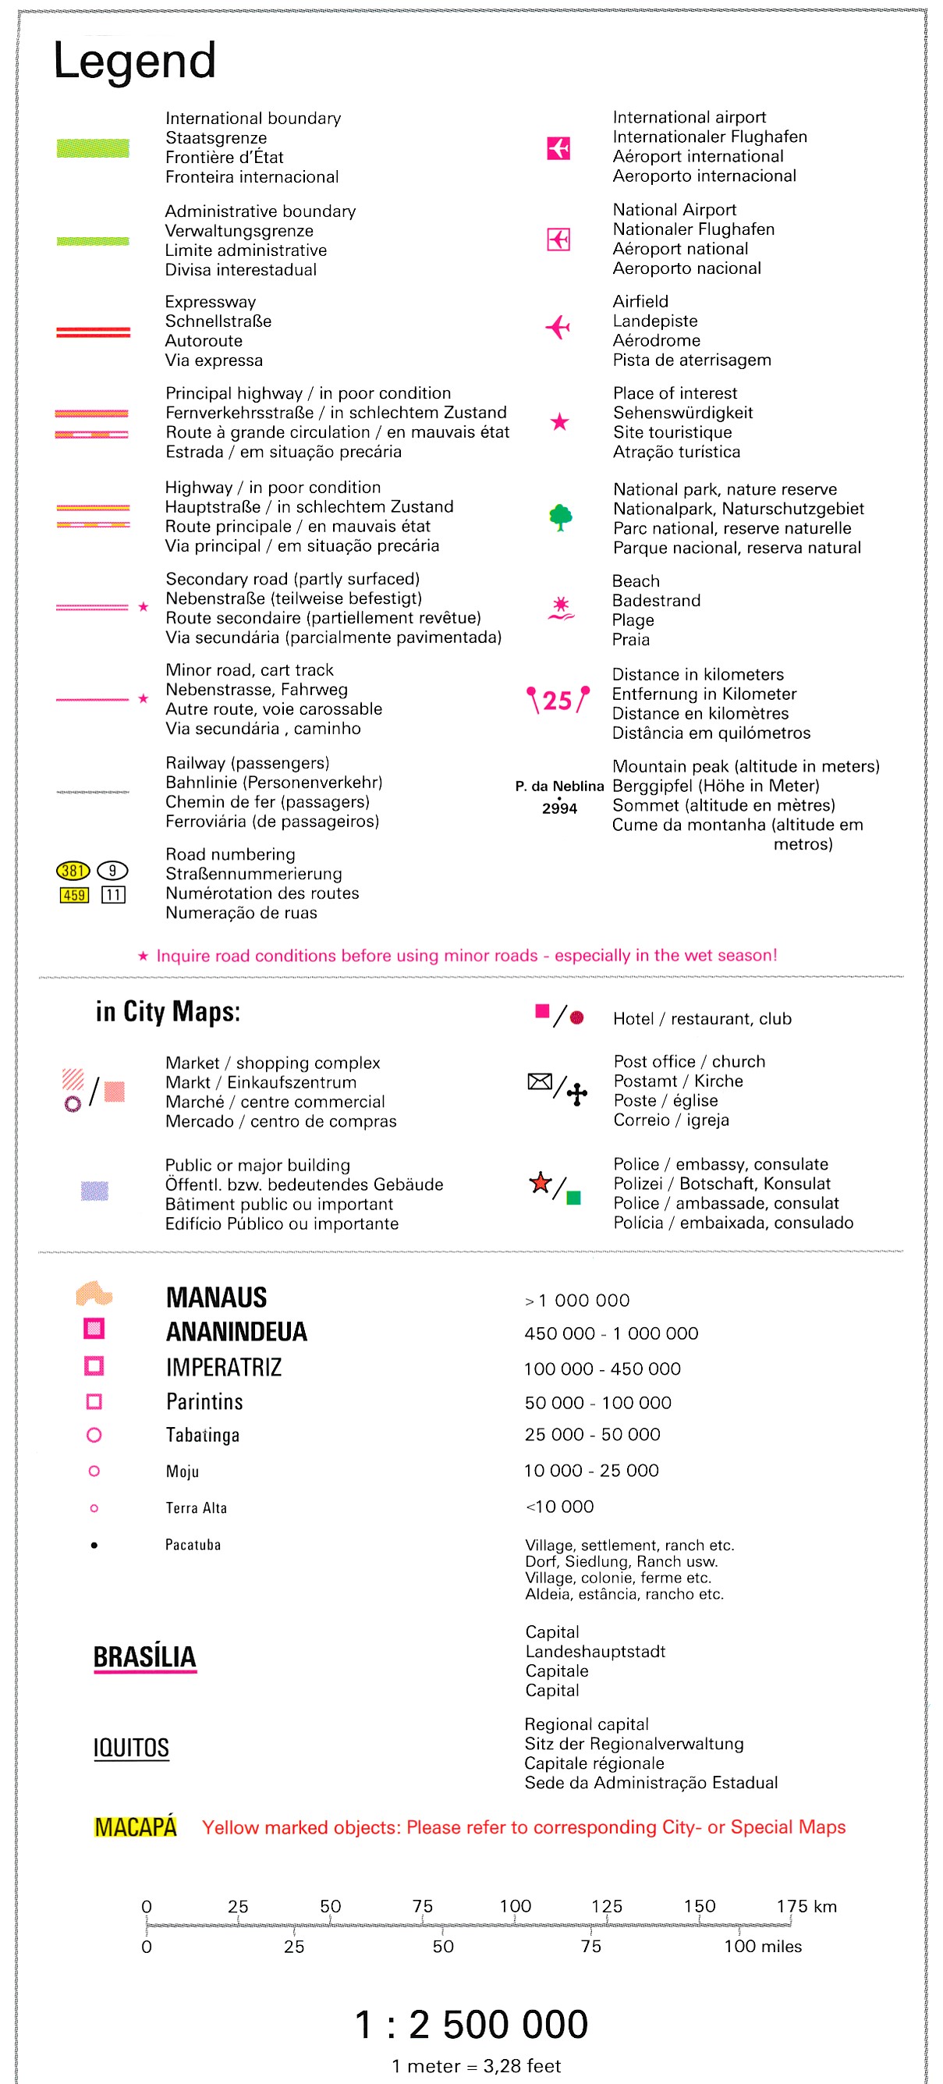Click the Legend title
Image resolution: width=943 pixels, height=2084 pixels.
pos(134,61)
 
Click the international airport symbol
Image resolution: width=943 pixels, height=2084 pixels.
pos(558,148)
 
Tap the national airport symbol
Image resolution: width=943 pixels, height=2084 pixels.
pos(558,240)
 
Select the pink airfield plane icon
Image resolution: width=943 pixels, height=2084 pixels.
pos(558,328)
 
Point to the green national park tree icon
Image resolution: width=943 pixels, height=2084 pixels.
pos(560,517)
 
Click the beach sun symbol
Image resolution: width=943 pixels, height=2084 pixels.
pos(561,608)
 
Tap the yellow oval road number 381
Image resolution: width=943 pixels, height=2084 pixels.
pos(72,871)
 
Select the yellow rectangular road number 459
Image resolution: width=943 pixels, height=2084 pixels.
pos(73,895)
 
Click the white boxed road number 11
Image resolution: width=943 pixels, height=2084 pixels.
pos(113,895)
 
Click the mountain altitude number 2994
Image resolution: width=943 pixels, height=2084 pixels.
pos(560,808)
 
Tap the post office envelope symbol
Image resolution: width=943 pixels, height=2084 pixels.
pos(540,1081)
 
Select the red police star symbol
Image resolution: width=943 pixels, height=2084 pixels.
pos(540,1183)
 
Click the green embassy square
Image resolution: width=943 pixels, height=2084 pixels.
pos(573,1198)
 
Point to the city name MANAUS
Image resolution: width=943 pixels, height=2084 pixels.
pos(216,1298)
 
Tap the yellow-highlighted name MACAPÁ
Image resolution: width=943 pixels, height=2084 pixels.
pos(135,1827)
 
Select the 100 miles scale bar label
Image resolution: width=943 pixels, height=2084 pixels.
pos(762,1947)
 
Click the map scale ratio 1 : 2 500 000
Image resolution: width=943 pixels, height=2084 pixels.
pos(470,2024)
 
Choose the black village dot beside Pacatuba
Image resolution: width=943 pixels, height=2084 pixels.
pos(94,1545)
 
